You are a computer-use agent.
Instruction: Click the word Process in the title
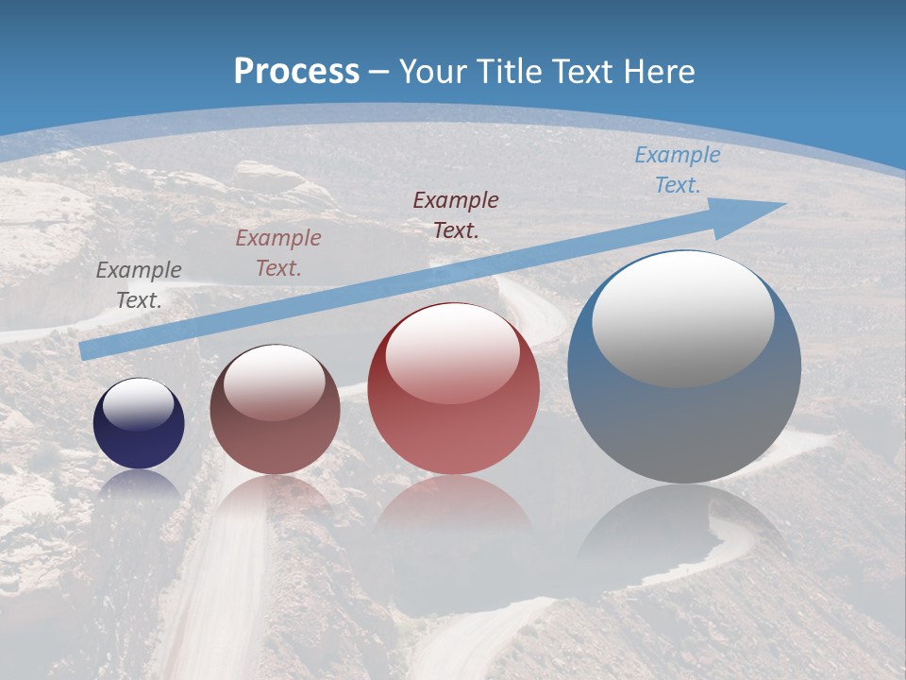tap(296, 72)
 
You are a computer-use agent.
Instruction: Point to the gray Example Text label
tap(139, 284)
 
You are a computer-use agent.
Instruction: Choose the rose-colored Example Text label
tap(278, 252)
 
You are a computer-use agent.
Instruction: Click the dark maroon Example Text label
tap(456, 214)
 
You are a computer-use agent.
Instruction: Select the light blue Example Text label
tap(677, 170)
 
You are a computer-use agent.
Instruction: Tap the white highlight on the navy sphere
tap(139, 404)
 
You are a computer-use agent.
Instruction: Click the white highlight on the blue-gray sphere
tap(682, 318)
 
